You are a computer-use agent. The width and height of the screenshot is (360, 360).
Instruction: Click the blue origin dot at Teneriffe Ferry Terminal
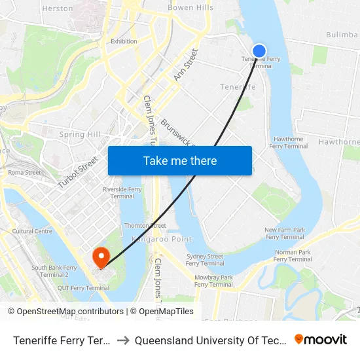click(259, 50)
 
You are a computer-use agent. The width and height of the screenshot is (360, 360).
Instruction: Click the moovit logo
click(321, 340)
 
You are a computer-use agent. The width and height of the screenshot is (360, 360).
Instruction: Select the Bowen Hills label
click(190, 8)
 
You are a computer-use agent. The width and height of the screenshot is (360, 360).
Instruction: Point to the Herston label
click(58, 9)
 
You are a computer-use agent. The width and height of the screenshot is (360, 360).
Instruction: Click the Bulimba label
click(342, 34)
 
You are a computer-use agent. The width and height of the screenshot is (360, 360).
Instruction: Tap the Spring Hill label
click(81, 135)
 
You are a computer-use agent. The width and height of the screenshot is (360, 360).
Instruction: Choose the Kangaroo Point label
click(161, 240)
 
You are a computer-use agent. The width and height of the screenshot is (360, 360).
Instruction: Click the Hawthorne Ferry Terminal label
click(289, 143)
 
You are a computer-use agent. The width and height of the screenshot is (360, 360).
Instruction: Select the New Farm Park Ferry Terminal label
click(285, 234)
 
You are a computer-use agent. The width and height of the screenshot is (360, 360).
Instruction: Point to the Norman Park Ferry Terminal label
click(293, 256)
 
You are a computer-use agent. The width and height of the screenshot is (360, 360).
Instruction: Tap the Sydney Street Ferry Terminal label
click(205, 260)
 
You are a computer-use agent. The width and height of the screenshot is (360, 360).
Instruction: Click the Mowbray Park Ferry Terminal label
click(213, 281)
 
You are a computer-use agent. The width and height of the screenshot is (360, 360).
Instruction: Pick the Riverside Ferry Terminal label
click(122, 192)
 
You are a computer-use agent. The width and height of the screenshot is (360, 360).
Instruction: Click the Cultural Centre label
click(32, 231)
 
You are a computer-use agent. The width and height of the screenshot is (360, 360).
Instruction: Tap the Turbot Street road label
click(77, 171)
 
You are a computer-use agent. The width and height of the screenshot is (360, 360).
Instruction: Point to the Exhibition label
click(124, 41)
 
